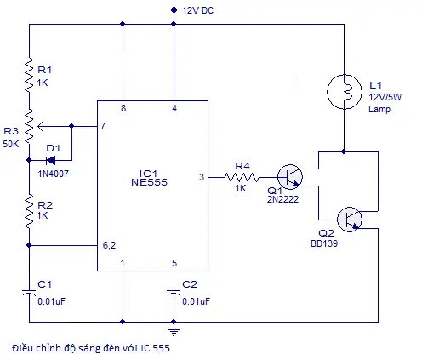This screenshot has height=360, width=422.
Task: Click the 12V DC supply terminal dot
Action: click(174, 10)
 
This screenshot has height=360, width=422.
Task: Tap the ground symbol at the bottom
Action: click(174, 331)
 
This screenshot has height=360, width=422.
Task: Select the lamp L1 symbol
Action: click(345, 92)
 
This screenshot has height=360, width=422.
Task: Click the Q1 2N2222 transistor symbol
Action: click(290, 177)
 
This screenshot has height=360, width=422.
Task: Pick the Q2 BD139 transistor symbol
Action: click(350, 220)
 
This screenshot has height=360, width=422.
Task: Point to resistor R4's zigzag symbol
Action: click(242, 178)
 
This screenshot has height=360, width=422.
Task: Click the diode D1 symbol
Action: click(51, 161)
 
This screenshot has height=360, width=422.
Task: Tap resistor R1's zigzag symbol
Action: click(29, 75)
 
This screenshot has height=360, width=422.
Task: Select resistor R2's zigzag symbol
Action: click(29, 211)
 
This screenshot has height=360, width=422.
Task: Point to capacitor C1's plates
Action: click(29, 293)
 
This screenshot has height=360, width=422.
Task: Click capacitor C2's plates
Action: click(174, 293)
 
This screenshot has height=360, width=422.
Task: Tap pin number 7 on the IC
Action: click(103, 126)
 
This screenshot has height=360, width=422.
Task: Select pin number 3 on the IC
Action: click(202, 177)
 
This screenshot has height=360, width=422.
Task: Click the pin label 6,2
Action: click(109, 245)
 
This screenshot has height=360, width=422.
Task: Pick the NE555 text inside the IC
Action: click(149, 182)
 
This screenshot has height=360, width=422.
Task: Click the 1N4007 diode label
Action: click(54, 174)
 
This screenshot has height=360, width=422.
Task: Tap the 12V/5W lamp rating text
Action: click(385, 97)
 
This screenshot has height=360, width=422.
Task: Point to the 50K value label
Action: click(11, 144)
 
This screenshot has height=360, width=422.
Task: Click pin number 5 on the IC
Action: click(174, 263)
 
